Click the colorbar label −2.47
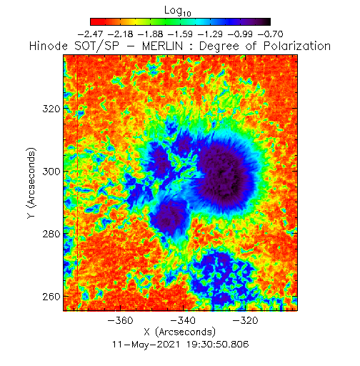coord(90,34)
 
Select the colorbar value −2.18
coord(120,34)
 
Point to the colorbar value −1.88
coord(150,34)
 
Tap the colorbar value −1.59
coord(180,34)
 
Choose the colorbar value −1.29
coord(210,34)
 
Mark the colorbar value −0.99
coord(240,34)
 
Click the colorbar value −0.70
coord(271,34)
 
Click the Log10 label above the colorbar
coord(178,11)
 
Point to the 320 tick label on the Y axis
coord(51,109)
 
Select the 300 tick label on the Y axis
coord(51,172)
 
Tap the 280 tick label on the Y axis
coord(51,234)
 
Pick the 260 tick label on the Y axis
coord(51,297)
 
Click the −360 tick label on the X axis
coord(121,320)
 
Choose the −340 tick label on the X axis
coord(183,320)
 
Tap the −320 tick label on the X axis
coord(246,320)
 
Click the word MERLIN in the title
coord(163,46)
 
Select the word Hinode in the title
coord(49,46)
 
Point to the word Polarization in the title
coord(297,46)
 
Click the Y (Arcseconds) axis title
coord(31,183)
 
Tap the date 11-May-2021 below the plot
coord(146,345)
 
